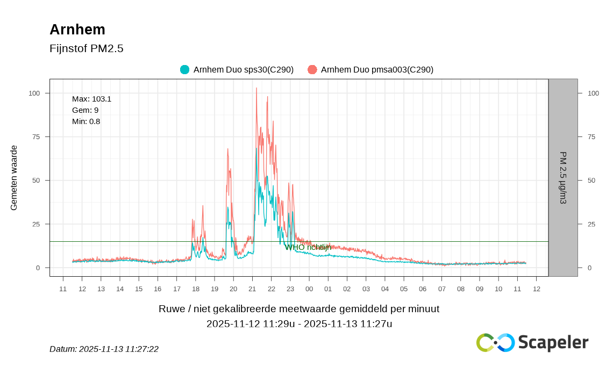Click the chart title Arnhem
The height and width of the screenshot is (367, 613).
pyautogui.click(x=77, y=30)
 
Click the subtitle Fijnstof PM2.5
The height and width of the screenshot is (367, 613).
pyautogui.click(x=87, y=49)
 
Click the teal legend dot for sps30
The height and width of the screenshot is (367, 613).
pyautogui.click(x=184, y=70)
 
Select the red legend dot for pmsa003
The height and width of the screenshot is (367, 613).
pyautogui.click(x=312, y=70)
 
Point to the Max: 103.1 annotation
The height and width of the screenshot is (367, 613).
pyautogui.click(x=91, y=99)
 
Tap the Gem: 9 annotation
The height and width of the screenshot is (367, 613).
pyautogui.click(x=85, y=110)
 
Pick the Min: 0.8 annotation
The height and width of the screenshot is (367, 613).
pyautogui.click(x=86, y=121)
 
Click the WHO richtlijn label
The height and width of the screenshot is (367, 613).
pyautogui.click(x=308, y=247)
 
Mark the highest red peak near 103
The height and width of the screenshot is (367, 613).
pyautogui.click(x=256, y=89)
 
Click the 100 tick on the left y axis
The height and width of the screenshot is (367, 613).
pyautogui.click(x=34, y=93)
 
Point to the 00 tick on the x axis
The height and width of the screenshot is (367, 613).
pyautogui.click(x=309, y=289)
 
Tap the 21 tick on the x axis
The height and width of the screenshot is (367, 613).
pyautogui.click(x=252, y=289)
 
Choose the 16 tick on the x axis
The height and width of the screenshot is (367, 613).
pyautogui.click(x=158, y=289)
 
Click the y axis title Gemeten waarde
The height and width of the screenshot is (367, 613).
pyautogui.click(x=14, y=178)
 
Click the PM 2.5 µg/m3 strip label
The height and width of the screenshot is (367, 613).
pyautogui.click(x=563, y=178)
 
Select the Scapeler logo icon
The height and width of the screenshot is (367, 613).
pyautogui.click(x=495, y=342)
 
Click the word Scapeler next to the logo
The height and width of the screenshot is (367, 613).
pyautogui.click(x=553, y=342)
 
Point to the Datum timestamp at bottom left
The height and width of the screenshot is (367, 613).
pyautogui.click(x=104, y=349)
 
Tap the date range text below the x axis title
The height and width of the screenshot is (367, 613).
pyautogui.click(x=299, y=323)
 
